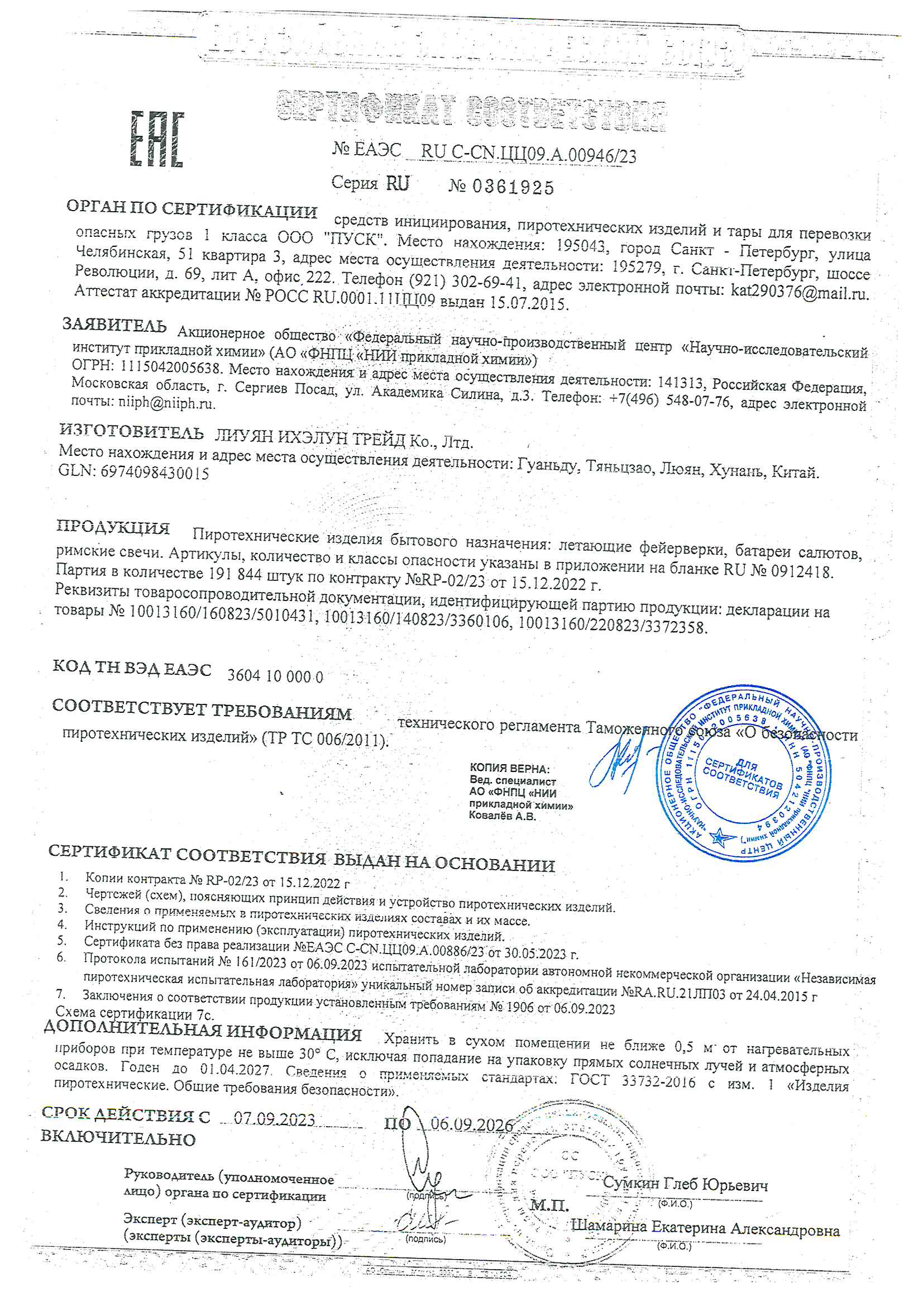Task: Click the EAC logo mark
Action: click(157, 139)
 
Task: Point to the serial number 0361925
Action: click(501, 187)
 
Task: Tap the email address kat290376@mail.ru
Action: click(799, 292)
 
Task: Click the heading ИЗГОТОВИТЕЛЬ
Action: click(131, 432)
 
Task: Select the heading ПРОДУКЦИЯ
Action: click(113, 527)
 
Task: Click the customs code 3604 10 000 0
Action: click(275, 676)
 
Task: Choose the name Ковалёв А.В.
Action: click(502, 816)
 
